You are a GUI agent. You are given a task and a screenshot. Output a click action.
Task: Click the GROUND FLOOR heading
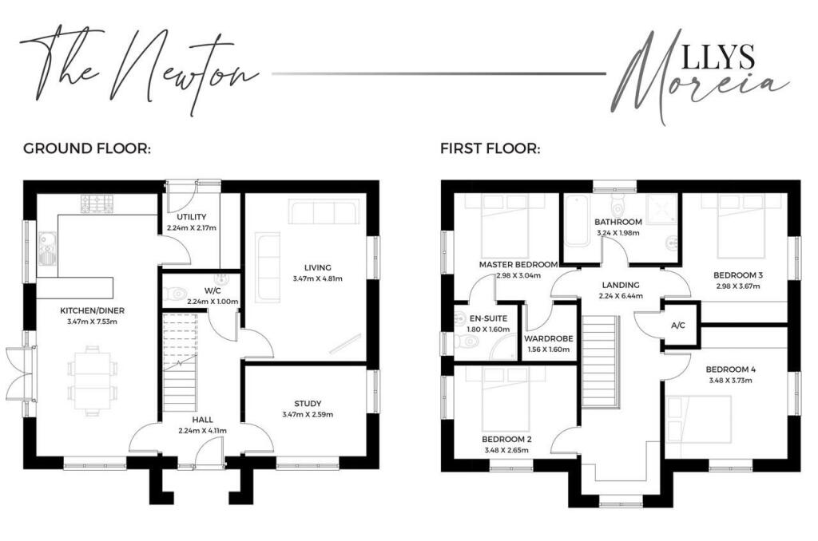[x=87, y=148]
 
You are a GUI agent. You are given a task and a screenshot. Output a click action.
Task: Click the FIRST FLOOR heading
[x=490, y=148]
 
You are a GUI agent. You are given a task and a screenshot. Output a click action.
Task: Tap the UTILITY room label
[x=192, y=216]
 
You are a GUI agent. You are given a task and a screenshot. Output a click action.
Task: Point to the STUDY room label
[x=307, y=403]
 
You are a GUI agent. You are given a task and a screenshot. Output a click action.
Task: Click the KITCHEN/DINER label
[x=92, y=310]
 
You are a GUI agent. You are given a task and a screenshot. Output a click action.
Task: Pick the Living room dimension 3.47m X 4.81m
[x=317, y=278]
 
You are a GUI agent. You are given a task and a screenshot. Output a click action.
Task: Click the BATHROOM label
[x=618, y=222]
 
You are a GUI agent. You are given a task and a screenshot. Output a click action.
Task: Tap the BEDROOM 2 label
[x=506, y=439]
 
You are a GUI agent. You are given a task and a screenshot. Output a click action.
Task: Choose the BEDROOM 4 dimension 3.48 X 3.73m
[x=730, y=381]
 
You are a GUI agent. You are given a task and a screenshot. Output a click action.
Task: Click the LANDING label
[x=620, y=285]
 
